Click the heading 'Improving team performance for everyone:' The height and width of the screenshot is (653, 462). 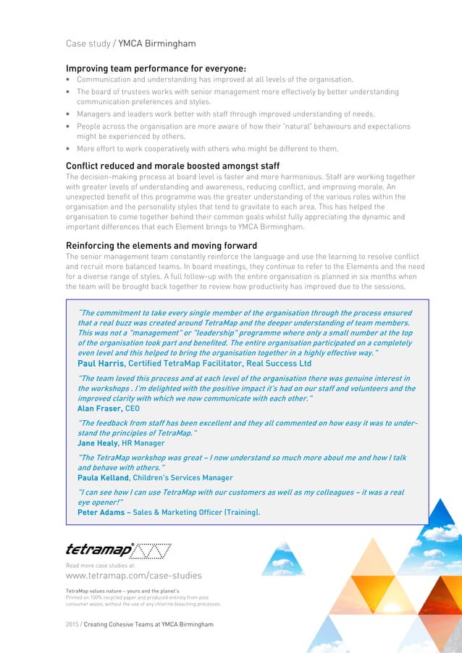(156, 68)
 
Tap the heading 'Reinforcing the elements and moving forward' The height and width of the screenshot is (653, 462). (161, 246)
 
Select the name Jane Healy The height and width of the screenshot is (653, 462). (98, 443)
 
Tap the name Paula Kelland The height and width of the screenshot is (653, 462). (104, 477)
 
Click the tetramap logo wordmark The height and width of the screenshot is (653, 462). (98, 550)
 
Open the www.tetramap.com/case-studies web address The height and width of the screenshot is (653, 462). (133, 576)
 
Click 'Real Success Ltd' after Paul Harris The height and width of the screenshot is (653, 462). (278, 363)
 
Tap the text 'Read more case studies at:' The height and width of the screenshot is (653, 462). (100, 565)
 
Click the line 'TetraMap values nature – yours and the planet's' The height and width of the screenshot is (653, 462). (127, 591)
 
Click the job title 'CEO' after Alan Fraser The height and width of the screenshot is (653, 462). (133, 408)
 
